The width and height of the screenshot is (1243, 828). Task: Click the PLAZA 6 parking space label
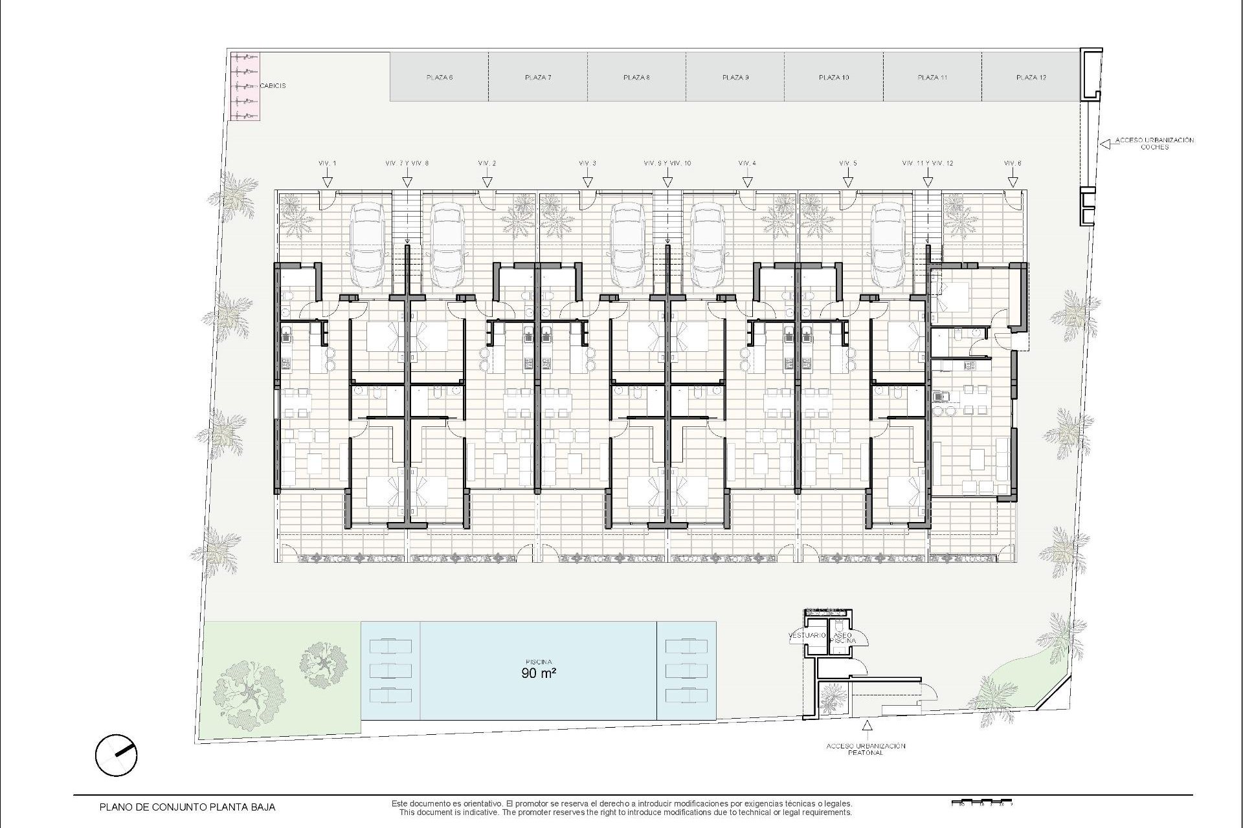pos(439,78)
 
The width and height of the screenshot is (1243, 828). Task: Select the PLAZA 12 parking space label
pos(1031,78)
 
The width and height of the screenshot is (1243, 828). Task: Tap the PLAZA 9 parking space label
pos(735,78)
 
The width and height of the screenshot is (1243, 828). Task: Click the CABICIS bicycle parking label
pos(273,85)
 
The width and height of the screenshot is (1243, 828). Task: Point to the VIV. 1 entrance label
pos(328,163)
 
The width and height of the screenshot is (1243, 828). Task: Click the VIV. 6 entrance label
pos(1013,163)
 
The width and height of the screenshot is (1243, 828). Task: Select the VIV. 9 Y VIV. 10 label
pos(667,163)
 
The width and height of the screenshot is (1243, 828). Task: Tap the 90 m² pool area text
pos(539,673)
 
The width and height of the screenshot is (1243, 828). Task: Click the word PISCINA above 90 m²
pos(539,662)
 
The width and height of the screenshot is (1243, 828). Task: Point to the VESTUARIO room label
pos(807,635)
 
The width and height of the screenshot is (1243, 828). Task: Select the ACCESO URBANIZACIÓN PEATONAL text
pos(866,749)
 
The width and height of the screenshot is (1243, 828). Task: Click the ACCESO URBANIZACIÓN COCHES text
pos(1154,143)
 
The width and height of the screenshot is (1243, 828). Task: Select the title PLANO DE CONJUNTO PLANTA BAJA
pos(187,807)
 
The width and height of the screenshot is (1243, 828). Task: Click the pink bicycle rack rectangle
pos(245,87)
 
